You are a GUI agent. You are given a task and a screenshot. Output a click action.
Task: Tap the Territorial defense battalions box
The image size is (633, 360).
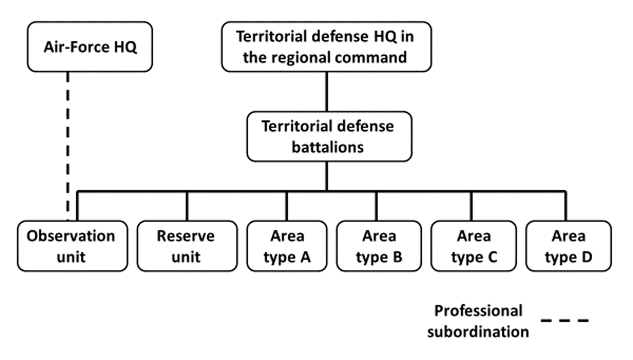329,136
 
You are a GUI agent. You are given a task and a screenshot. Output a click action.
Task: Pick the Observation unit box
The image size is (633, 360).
71,246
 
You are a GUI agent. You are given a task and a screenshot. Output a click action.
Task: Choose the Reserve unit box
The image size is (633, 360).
186,246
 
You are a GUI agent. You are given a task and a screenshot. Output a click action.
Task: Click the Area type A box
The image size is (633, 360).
286,246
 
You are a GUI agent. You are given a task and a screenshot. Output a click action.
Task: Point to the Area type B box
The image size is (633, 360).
379,246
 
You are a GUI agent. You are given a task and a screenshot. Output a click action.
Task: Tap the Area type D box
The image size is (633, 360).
568,246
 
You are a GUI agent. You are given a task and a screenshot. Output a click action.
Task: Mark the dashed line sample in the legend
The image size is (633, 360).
564,320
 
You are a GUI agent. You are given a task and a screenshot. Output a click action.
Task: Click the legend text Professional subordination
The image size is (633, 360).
478,321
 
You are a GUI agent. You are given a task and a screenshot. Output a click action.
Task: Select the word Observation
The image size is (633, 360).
71,236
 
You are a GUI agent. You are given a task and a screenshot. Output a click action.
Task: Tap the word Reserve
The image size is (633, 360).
186,236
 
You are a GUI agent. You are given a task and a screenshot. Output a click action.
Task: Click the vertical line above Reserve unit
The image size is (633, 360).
187,205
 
